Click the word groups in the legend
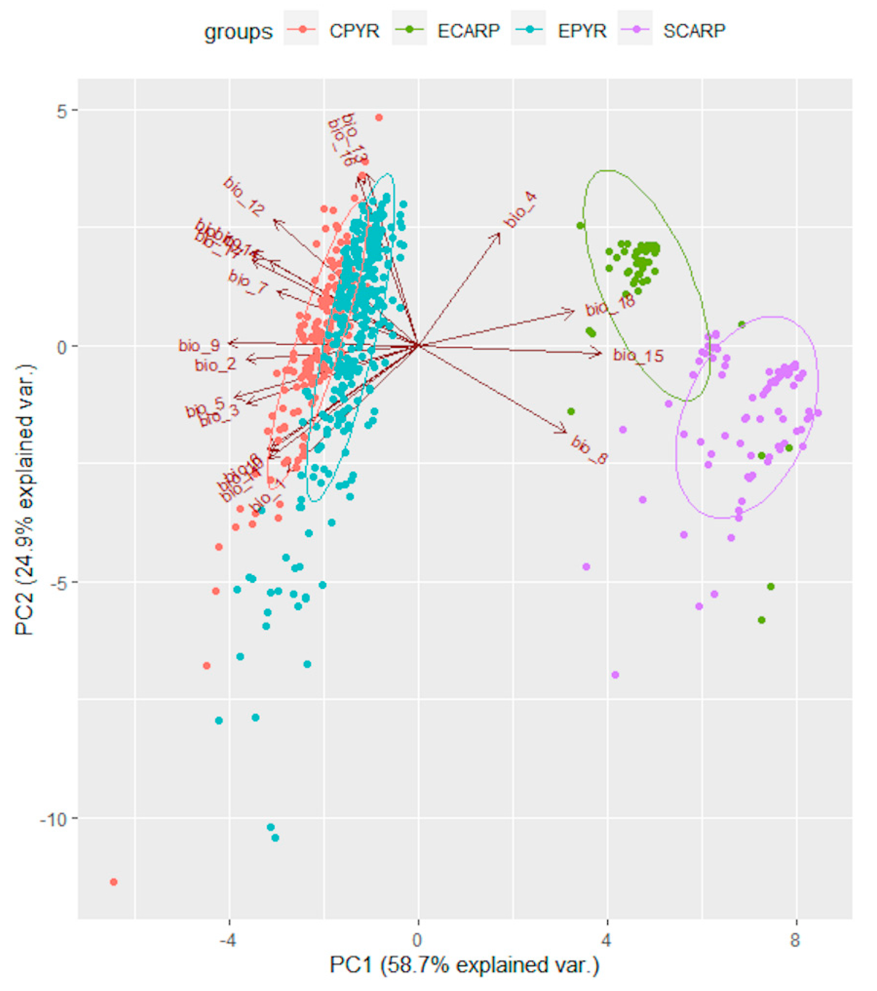coord(238,32)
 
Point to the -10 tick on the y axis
coord(55,819)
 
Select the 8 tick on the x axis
coord(795,940)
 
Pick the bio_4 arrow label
coord(520,210)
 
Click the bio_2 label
coord(215,365)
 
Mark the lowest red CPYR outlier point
coord(114,882)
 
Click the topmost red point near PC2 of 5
coord(379,117)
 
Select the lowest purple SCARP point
coord(615,674)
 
